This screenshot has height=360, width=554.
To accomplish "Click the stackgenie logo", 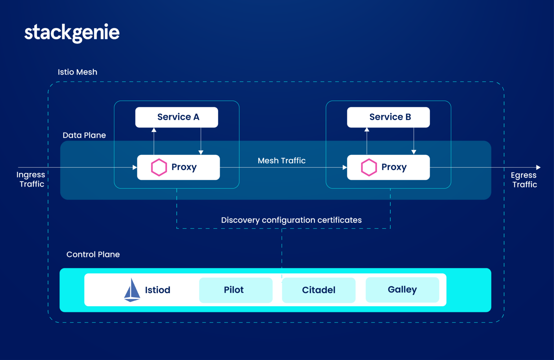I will click(72, 33).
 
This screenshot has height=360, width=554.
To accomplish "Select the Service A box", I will click(176, 117).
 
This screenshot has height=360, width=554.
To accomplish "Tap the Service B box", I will click(388, 117).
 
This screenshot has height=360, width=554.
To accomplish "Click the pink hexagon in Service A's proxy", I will click(159, 167).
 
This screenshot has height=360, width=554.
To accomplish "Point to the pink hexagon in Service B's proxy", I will click(369, 167).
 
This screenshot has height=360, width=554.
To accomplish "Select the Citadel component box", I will click(318, 290).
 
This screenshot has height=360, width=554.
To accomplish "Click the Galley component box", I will click(402, 289).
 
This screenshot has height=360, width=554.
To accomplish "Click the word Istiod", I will click(158, 290).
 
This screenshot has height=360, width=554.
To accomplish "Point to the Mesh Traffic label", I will click(281, 161).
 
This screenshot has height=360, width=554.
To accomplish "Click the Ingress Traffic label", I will click(31, 179).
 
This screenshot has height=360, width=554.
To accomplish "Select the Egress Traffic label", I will click(524, 179).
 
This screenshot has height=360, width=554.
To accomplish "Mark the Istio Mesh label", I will click(78, 72).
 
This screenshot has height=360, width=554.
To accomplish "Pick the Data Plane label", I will click(84, 135).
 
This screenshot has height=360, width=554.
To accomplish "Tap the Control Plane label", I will click(93, 254).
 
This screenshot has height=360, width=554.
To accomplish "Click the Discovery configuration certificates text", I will click(291, 220).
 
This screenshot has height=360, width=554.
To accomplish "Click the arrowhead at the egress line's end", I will click(538, 167).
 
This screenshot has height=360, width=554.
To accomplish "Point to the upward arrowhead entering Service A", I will click(154, 130).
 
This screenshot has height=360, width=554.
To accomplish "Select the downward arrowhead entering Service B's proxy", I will click(414, 152).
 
